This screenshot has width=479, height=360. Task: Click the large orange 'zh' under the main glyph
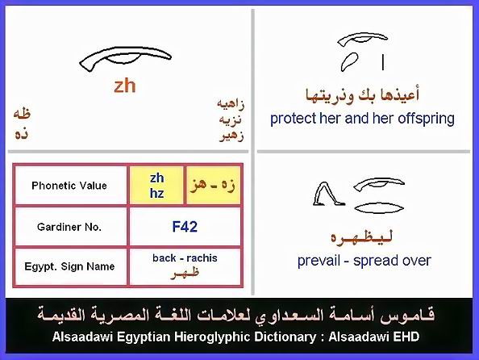click(x=125, y=86)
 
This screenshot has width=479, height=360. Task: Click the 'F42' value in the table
click(x=185, y=227)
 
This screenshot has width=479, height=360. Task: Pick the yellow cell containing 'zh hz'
click(x=156, y=186)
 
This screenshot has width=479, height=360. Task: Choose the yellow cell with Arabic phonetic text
click(x=213, y=186)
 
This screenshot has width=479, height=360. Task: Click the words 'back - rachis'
click(x=185, y=257)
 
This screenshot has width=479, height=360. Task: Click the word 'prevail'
click(x=319, y=261)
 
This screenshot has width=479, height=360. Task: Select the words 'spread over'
click(x=392, y=261)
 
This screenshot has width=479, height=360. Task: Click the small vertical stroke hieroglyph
click(x=383, y=62)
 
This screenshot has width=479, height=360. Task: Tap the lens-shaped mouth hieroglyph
click(x=379, y=207)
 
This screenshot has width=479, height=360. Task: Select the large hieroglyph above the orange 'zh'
click(x=125, y=58)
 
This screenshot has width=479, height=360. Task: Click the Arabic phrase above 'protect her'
click(x=362, y=94)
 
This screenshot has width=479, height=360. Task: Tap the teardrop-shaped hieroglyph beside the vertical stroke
click(x=348, y=61)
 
